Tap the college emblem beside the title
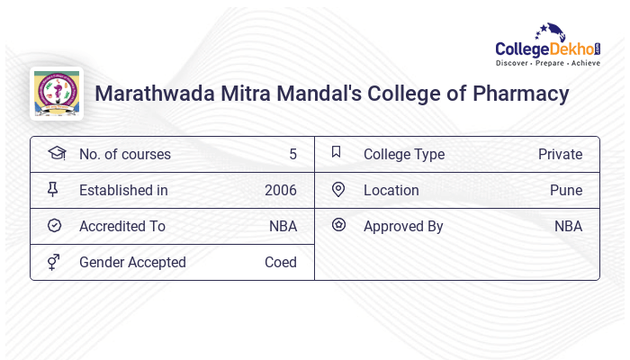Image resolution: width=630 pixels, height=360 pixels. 56,94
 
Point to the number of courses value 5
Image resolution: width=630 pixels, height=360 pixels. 292,154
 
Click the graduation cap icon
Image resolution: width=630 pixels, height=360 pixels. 56,153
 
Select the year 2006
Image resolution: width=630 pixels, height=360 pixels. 281,190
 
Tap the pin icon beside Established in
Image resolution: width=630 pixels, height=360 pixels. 55,189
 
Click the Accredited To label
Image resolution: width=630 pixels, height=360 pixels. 122,226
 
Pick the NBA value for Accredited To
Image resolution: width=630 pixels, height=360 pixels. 283,226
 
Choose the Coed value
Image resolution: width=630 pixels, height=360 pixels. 281,262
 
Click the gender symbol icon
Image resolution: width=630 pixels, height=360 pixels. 55,262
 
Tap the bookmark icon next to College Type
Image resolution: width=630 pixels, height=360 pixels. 337,152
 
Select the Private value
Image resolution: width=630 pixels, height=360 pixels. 560,154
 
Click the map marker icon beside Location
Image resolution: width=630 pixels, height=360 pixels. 338,189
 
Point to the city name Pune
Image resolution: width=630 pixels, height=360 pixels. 566,190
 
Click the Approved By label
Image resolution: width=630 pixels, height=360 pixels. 403,226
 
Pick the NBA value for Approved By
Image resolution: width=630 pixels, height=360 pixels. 568,226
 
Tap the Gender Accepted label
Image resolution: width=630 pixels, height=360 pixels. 132,262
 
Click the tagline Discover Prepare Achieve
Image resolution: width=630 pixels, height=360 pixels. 547,64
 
